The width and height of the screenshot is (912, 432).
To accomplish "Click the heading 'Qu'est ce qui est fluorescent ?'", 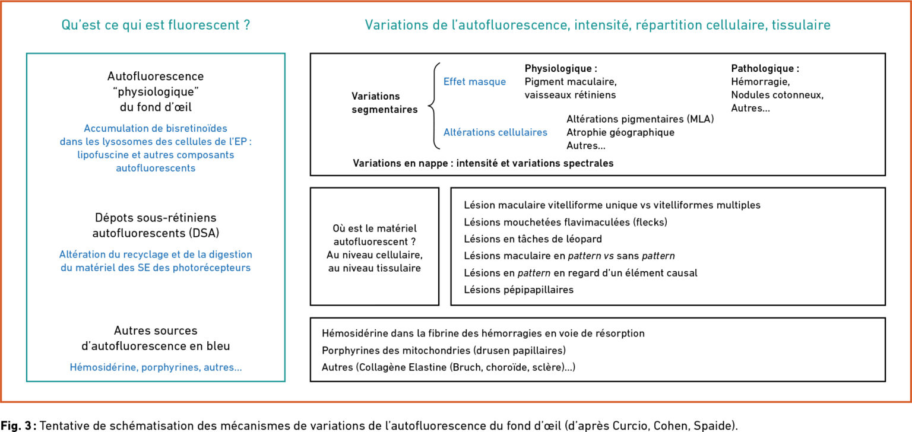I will (x=156, y=25).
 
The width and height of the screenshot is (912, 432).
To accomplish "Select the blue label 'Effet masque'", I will (x=474, y=82).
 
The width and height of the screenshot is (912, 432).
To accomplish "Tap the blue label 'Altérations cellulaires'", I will (x=495, y=132).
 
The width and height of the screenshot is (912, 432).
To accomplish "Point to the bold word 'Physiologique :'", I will (x=560, y=68).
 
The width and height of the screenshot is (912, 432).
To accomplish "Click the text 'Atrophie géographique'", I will (x=620, y=132).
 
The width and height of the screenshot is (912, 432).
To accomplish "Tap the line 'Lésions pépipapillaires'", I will (x=518, y=290).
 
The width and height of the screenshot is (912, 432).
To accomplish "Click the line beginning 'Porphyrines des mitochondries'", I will (x=444, y=351).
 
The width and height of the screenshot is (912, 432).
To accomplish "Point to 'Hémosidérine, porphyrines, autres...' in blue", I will (x=156, y=367).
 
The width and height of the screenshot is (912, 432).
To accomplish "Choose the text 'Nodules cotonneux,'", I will (x=777, y=95).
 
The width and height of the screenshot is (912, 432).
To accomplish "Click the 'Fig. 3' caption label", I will (x=18, y=425).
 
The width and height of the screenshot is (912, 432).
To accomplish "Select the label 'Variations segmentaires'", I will (x=384, y=103).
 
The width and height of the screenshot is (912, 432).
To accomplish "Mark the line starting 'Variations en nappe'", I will (x=483, y=163).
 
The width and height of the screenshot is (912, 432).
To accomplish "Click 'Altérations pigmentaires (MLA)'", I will (x=640, y=119).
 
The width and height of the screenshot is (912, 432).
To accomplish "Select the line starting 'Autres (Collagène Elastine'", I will (x=448, y=368).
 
